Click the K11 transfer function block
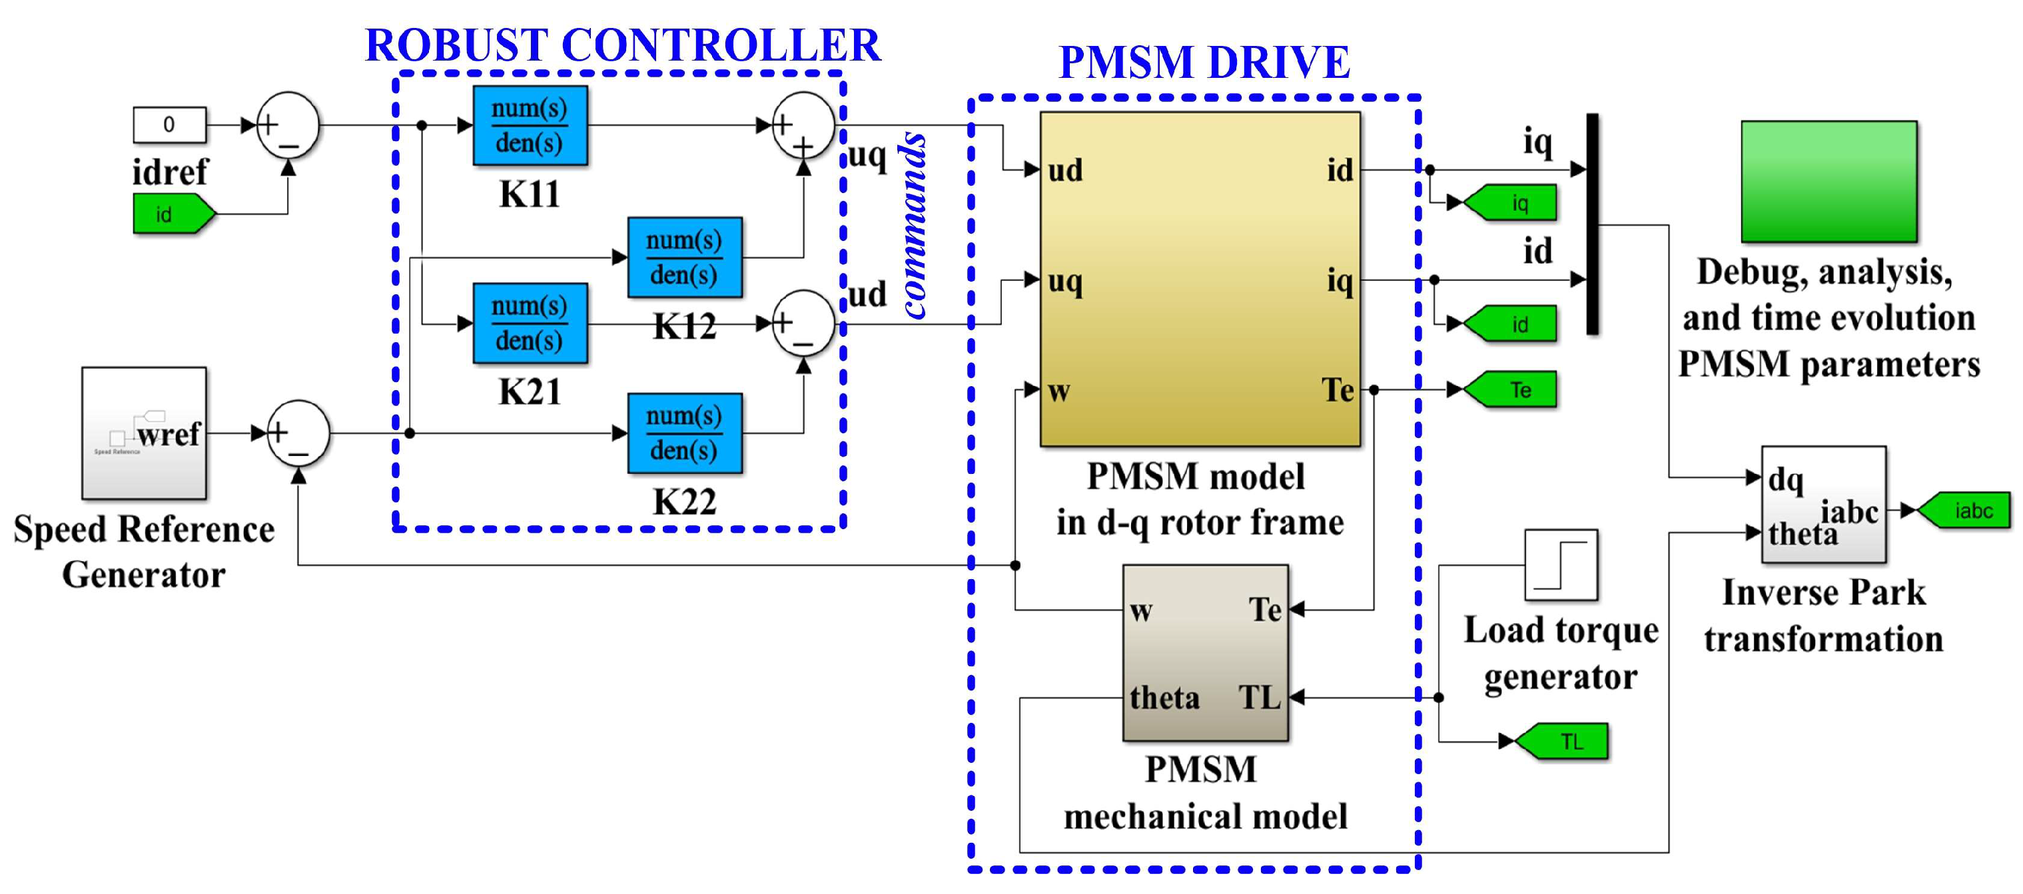pyautogui.click(x=530, y=126)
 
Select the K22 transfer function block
pyautogui.click(x=684, y=433)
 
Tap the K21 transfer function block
pyautogui.click(x=530, y=323)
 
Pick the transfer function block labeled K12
pyautogui.click(x=684, y=258)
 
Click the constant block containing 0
pyautogui.click(x=169, y=124)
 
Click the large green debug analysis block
pyautogui.click(x=1828, y=181)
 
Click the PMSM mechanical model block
pyautogui.click(x=1205, y=652)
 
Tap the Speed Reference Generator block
pyautogui.click(x=145, y=433)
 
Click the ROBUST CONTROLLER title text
pyautogui.click(x=623, y=45)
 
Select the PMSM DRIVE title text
pyautogui.click(x=1204, y=63)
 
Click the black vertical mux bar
pyautogui.click(x=1592, y=224)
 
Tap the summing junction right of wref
pyautogui.click(x=298, y=433)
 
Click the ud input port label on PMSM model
pyautogui.click(x=1066, y=170)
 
